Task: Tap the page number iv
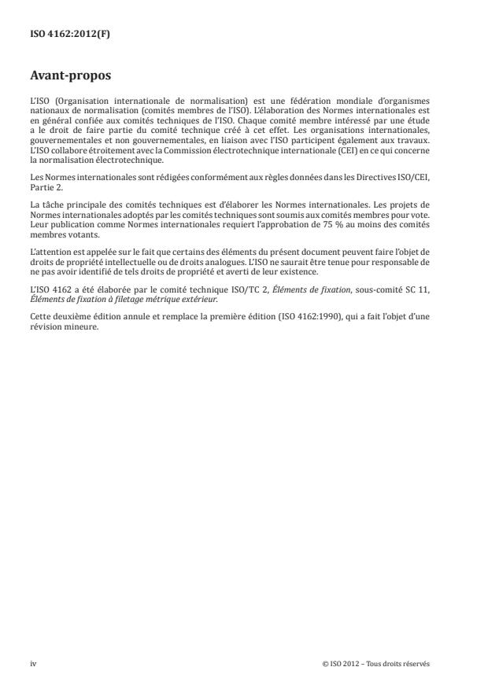pyautogui.click(x=33, y=663)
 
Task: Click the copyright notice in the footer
pyautogui.click(x=375, y=663)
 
